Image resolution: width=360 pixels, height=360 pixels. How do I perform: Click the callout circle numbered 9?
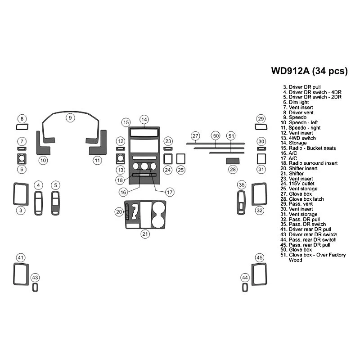[x=71, y=118]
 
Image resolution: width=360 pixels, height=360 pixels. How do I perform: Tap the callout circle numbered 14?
[x=144, y=119]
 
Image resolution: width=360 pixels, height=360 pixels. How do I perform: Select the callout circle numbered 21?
[x=145, y=234]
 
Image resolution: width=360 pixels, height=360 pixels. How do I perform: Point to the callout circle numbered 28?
[x=233, y=170]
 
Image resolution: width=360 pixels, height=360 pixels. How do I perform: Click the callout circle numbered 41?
[x=21, y=257]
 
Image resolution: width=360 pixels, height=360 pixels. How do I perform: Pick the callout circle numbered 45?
[x=260, y=257]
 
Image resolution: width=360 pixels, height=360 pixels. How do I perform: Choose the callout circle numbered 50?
[x=216, y=135]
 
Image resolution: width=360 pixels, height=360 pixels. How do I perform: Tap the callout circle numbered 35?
[x=242, y=185]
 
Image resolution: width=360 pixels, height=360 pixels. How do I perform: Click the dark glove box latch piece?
[x=232, y=161]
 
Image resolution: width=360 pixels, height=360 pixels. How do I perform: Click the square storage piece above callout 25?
[x=180, y=159]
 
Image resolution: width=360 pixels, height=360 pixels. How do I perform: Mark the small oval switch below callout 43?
[x=35, y=287]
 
